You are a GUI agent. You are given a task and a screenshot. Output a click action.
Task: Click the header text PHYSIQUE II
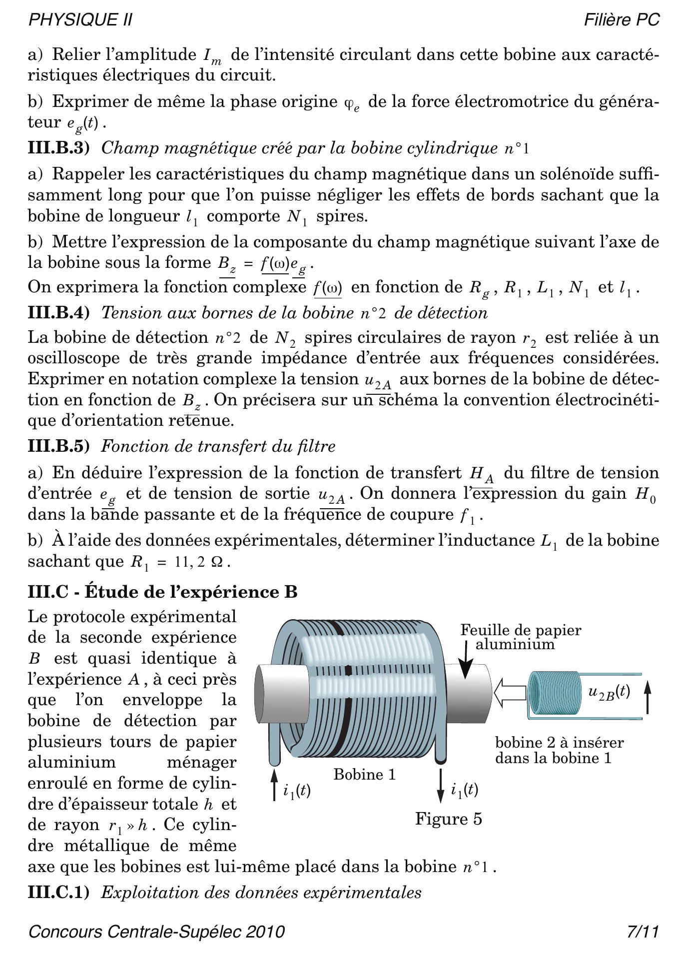point(80,20)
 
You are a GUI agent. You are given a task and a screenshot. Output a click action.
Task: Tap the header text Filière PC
point(622,20)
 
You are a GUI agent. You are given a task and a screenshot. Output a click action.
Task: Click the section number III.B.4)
point(58,313)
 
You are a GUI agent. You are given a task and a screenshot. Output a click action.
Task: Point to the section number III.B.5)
point(58,446)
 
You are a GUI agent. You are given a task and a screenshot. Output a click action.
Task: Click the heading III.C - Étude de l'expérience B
point(163,592)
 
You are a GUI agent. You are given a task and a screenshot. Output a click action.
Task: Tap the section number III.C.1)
point(58,893)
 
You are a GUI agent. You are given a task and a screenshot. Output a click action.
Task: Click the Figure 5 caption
point(448,819)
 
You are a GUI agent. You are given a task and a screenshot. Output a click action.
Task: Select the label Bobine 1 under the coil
point(364,775)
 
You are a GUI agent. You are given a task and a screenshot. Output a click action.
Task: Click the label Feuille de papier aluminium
point(520,637)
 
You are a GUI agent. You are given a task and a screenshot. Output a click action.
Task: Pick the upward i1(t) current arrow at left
point(274,785)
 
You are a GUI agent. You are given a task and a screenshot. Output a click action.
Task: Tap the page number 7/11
point(643,932)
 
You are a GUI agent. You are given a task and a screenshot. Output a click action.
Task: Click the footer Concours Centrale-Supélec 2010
point(157,932)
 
